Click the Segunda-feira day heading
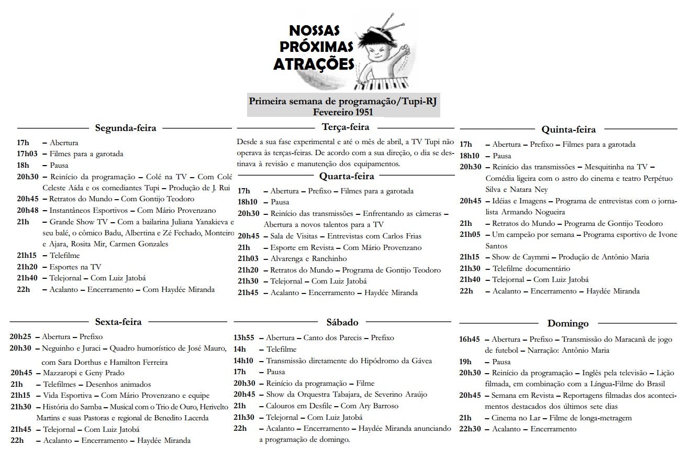click(126, 128)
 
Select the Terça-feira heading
click(345, 127)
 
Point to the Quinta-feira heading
click(569, 129)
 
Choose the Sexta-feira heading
click(118, 322)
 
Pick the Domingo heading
click(568, 323)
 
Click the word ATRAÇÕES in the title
click(314, 64)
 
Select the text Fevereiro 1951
click(343, 112)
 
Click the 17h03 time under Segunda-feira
click(26, 154)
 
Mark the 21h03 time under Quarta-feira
click(248, 258)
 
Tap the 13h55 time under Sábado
click(244, 338)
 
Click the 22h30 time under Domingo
click(470, 429)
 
